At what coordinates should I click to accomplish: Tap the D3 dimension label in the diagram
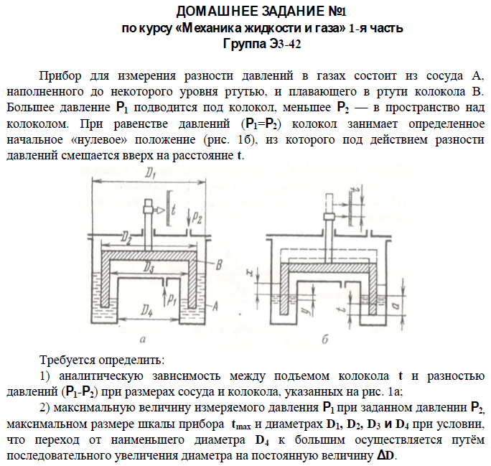pyautogui.click(x=146, y=266)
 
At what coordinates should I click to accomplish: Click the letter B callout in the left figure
pyautogui.click(x=219, y=264)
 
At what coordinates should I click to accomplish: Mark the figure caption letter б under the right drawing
pyautogui.click(x=325, y=338)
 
